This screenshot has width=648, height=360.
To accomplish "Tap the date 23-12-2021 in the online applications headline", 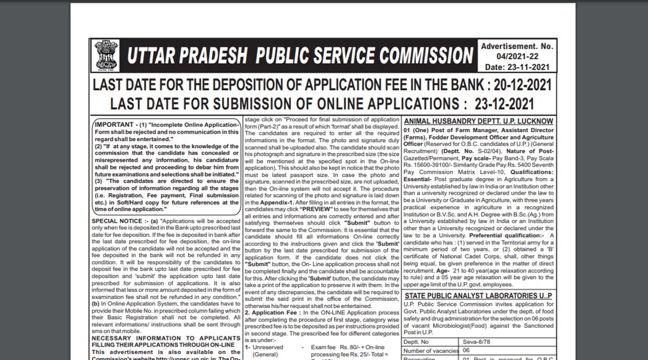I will pos(504,103).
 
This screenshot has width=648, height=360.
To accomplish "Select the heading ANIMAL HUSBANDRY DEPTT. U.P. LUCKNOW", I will pos(478,121).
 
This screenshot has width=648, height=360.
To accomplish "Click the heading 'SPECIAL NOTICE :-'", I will pos(117,221).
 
